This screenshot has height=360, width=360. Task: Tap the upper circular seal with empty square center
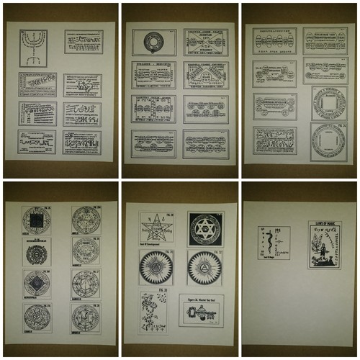click(328, 103)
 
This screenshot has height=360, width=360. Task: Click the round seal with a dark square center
click(36, 252)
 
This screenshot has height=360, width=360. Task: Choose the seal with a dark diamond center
click(36, 284)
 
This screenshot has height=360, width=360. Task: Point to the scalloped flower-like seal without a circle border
click(86, 251)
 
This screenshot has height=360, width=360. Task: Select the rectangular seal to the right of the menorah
click(82, 41)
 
